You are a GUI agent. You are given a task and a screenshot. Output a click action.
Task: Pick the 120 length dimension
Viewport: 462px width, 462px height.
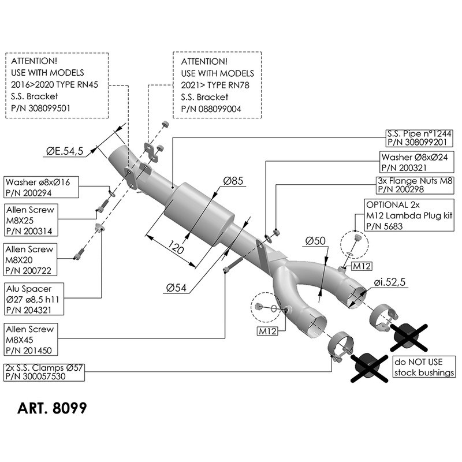click(x=177, y=249)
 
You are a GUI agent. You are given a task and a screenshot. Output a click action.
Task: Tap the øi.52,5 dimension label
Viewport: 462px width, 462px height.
click(x=390, y=282)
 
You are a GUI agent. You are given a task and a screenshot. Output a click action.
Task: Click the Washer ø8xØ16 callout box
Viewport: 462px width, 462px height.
click(x=39, y=188)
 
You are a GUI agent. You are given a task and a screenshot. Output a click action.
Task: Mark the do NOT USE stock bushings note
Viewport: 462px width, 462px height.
click(x=423, y=368)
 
